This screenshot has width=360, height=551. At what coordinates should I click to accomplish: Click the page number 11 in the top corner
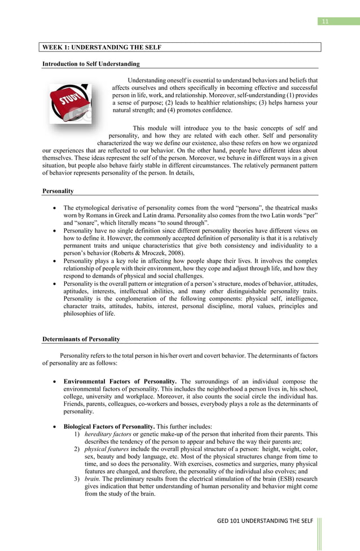[324, 21]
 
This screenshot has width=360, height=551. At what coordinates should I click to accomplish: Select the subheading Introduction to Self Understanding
[91, 64]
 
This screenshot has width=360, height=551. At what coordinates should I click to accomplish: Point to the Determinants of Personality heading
[81, 339]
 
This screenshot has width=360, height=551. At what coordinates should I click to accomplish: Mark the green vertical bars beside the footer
[320, 531]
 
